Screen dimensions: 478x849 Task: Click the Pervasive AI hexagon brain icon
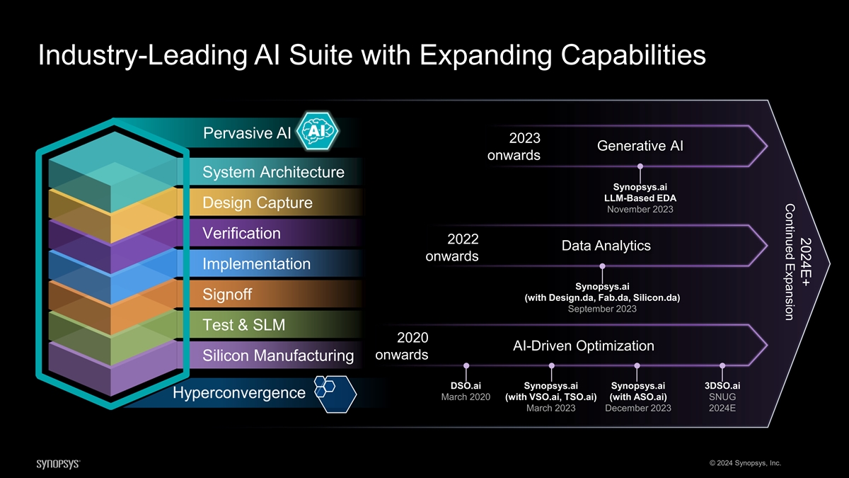pos(318,132)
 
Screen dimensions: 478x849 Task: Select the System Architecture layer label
pos(273,172)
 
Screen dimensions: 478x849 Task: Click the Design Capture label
pos(258,203)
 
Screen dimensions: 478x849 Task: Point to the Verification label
pos(241,234)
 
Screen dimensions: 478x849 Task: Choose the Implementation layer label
pos(256,264)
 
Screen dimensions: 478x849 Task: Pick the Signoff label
pos(227,295)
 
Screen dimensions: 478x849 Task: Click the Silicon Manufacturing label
pos(278,355)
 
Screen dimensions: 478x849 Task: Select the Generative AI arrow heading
pos(640,147)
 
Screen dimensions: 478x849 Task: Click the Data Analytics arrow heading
pos(606,246)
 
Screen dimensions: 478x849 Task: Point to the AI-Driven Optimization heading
pos(583,346)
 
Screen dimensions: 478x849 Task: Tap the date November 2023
pos(640,210)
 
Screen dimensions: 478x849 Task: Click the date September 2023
pos(602,309)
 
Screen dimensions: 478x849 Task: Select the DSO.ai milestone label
pos(466,386)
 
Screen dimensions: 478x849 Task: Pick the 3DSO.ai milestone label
pos(722,386)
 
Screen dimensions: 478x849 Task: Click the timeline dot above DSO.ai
pos(466,366)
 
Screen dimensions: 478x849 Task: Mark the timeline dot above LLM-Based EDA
pos(640,167)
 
